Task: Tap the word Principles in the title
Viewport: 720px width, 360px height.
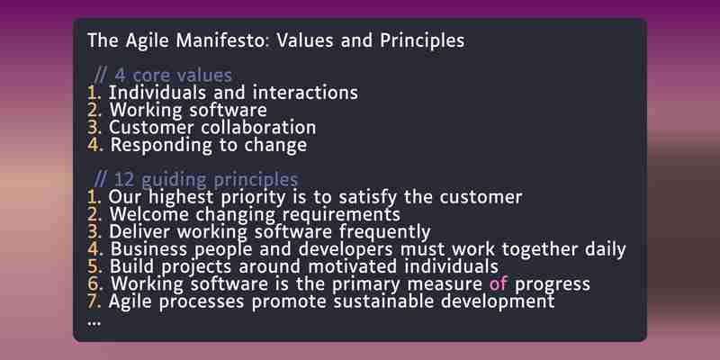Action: [422, 40]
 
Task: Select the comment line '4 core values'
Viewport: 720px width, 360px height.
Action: [163, 76]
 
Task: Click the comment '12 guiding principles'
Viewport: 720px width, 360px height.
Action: [196, 179]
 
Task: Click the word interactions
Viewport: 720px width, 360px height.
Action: [305, 93]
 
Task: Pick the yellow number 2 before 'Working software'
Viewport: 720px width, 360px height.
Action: [93, 110]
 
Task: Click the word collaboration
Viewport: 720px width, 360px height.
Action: [258, 127]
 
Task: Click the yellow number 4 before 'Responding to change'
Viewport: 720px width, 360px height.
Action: [94, 145]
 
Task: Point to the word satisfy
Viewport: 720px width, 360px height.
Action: [368, 197]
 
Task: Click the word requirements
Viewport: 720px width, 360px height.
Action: [341, 215]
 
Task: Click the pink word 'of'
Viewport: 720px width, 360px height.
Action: [499, 283]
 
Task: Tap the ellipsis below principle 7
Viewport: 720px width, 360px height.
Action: [94, 323]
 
